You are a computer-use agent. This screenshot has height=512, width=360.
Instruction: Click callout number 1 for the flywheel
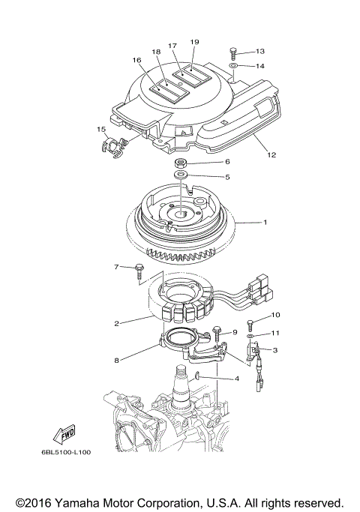point(263,222)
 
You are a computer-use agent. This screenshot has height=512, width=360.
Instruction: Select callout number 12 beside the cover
point(271,155)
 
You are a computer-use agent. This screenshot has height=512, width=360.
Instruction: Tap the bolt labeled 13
point(233,52)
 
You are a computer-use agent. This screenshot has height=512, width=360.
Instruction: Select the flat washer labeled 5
point(182,177)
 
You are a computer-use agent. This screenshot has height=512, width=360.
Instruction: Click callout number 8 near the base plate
point(116,361)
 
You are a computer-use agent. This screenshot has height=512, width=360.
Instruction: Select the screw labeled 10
point(250,325)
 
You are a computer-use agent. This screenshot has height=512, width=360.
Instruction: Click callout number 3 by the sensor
point(275,350)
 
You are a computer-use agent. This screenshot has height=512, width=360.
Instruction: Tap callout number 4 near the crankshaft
point(237,379)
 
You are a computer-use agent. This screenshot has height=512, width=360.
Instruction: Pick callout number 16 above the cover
point(137,59)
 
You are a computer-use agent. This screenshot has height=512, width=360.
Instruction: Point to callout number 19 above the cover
point(194,42)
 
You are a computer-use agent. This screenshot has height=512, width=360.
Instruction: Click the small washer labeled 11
point(249,339)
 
